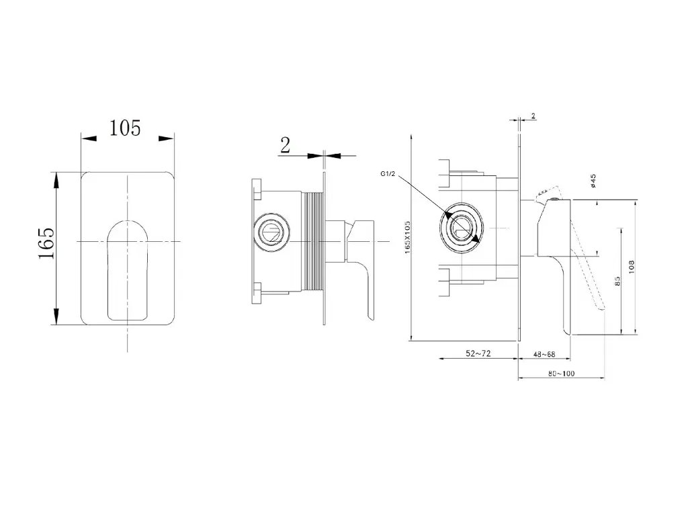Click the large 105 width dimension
tap(126, 127)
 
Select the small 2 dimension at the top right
tap(533, 116)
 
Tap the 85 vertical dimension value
tap(617, 280)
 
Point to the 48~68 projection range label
tap(544, 353)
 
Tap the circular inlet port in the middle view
tap(273, 232)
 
